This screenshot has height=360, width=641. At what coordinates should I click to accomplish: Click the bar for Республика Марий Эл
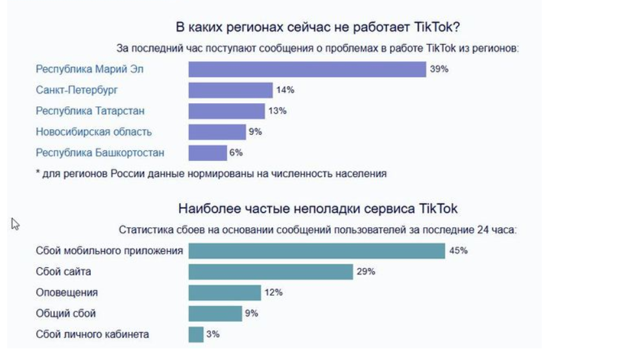click(307, 69)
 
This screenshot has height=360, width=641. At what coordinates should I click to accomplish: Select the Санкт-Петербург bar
click(230, 90)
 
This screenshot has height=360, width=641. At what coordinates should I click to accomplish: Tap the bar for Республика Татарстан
click(226, 111)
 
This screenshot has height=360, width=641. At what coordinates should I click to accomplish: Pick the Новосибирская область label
click(93, 132)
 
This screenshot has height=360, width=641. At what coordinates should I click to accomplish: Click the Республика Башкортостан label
click(100, 152)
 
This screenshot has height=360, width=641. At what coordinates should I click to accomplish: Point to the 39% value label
click(439, 69)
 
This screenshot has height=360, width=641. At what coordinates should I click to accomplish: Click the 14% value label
click(285, 90)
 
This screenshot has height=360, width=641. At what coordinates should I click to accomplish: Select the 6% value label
click(236, 152)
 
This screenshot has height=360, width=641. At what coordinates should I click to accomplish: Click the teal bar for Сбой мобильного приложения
click(317, 251)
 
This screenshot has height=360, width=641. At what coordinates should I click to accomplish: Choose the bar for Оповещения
click(224, 293)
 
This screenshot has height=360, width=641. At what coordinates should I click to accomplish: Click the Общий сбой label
click(66, 313)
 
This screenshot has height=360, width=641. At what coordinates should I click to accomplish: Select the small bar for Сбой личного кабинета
click(196, 334)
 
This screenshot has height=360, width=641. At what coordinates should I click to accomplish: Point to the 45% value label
click(458, 250)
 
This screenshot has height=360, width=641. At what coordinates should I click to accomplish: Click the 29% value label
click(365, 272)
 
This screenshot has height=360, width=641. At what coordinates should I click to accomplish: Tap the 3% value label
click(213, 334)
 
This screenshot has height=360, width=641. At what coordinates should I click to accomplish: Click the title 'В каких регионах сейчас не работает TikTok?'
click(318, 27)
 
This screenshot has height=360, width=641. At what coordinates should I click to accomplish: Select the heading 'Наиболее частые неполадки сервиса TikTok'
click(317, 209)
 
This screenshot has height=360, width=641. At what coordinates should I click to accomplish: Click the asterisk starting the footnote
click(38, 174)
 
